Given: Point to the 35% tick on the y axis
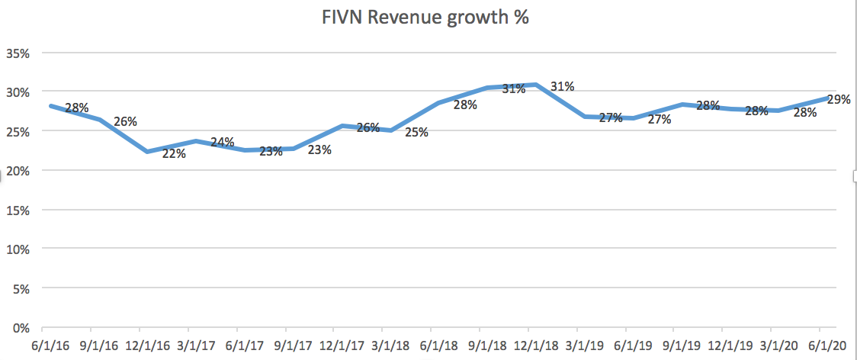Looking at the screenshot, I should tap(18, 53).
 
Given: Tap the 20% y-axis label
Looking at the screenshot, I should tap(18, 171).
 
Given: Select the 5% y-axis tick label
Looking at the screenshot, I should tap(20, 288).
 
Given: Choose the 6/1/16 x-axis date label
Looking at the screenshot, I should tap(50, 345).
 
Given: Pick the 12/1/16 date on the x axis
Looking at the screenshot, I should tap(148, 345).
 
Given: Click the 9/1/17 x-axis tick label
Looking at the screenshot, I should tap(294, 345).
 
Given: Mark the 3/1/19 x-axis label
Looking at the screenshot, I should tap(587, 345).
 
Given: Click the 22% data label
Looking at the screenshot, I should tap(174, 153).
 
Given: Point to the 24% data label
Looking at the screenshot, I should tap(222, 142).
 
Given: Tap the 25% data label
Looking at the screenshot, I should tap(416, 133).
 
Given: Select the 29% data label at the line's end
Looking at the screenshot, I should tap(839, 99).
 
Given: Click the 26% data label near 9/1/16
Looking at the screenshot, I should tap(125, 121).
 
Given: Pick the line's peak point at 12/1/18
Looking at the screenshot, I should tap(538, 85).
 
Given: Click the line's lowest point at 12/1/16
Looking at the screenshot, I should tap(148, 152).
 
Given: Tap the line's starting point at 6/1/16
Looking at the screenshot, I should tap(51, 105).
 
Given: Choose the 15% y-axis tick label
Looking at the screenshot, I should tap(18, 210).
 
